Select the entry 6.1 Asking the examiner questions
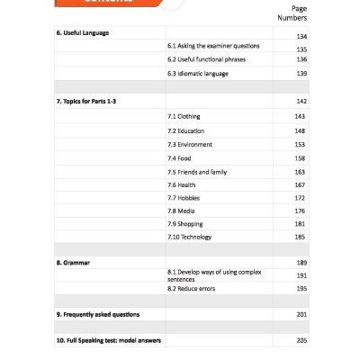(x=213, y=45)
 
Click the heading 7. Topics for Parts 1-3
(x=86, y=101)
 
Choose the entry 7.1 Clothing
(x=184, y=116)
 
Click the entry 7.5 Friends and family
(x=197, y=171)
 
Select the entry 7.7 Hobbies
(x=184, y=197)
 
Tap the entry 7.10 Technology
(x=189, y=237)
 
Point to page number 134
(x=301, y=36)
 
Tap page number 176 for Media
(x=301, y=211)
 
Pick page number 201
(x=301, y=314)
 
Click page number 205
(x=301, y=340)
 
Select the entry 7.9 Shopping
(x=185, y=223)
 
